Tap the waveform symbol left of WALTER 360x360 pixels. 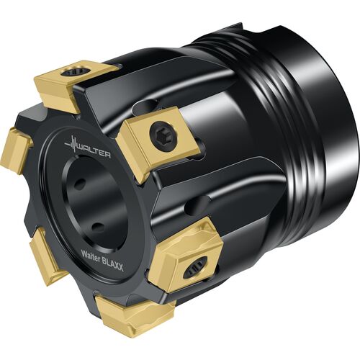pyautogui.click(x=71, y=144)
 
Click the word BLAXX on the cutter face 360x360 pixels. pyautogui.click(x=113, y=264)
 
